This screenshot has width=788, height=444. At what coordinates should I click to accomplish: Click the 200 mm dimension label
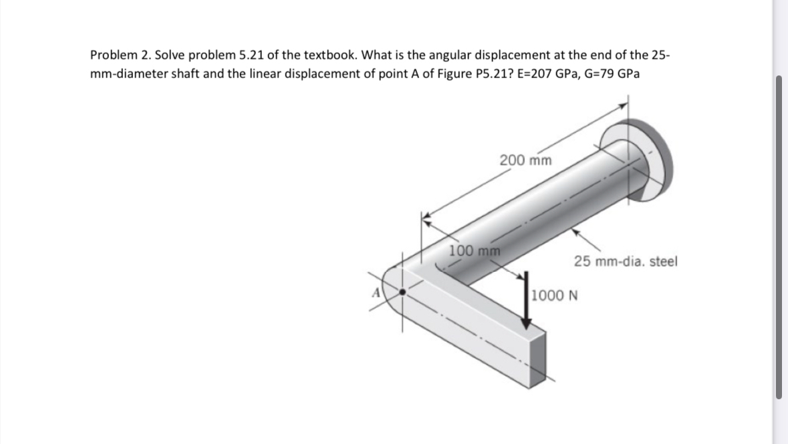pyautogui.click(x=525, y=160)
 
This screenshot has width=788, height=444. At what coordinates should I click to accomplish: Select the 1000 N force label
pyautogui.click(x=555, y=294)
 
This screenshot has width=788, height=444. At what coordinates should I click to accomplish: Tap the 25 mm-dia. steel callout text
pyautogui.click(x=625, y=261)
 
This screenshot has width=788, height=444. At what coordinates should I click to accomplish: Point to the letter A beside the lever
pyautogui.click(x=376, y=292)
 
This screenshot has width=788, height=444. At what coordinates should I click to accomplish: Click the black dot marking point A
pyautogui.click(x=402, y=292)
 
